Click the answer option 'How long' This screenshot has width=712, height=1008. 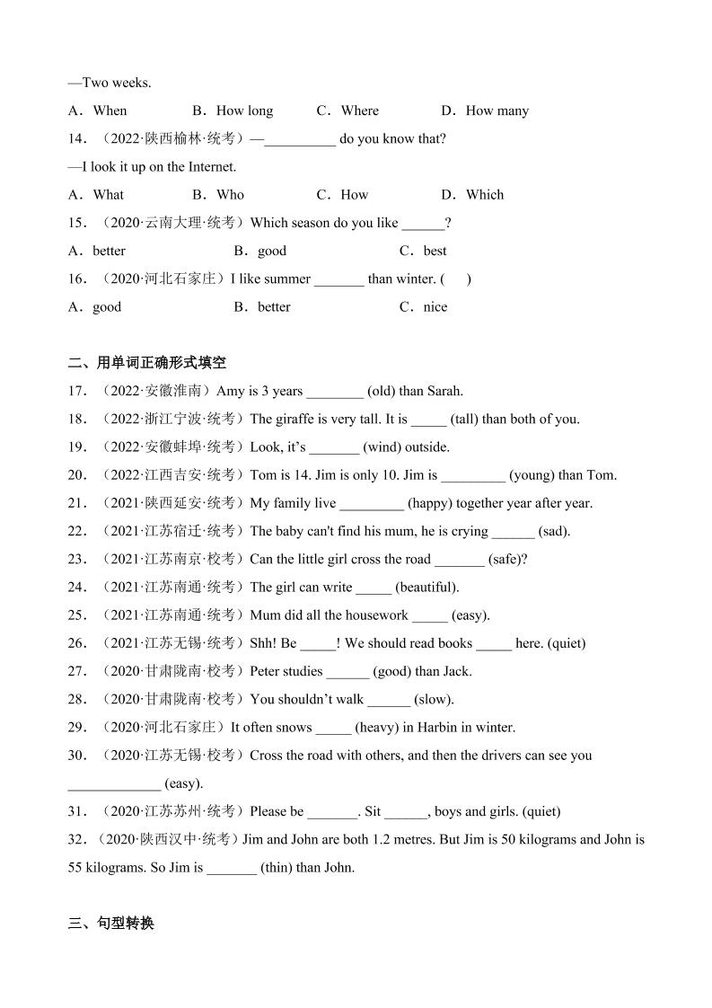[x=244, y=111]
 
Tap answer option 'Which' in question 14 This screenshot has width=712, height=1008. [x=485, y=194]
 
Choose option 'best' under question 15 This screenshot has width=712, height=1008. [x=435, y=251]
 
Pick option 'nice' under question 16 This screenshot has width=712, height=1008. [x=435, y=306]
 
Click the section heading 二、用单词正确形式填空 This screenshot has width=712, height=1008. [x=146, y=362]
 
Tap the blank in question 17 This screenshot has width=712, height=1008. [x=334, y=392]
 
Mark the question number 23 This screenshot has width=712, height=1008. [x=77, y=559]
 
